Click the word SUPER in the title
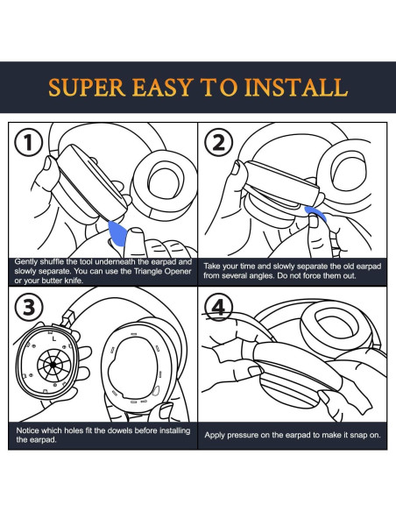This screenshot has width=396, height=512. pos(87,87)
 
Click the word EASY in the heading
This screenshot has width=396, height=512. pos(163,87)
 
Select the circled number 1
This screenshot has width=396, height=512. pos(29,143)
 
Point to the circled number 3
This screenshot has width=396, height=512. pos(29,307)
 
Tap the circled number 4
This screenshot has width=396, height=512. pos(218,307)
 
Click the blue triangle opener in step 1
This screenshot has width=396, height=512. pos(117,233)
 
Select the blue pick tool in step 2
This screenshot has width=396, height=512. pos(315,213)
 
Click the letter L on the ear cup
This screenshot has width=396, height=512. pos(54,339)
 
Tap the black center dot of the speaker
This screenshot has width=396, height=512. pos(53,365)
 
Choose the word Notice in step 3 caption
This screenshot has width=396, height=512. pos(27,430)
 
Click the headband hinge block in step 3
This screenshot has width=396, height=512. pos(67,318)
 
